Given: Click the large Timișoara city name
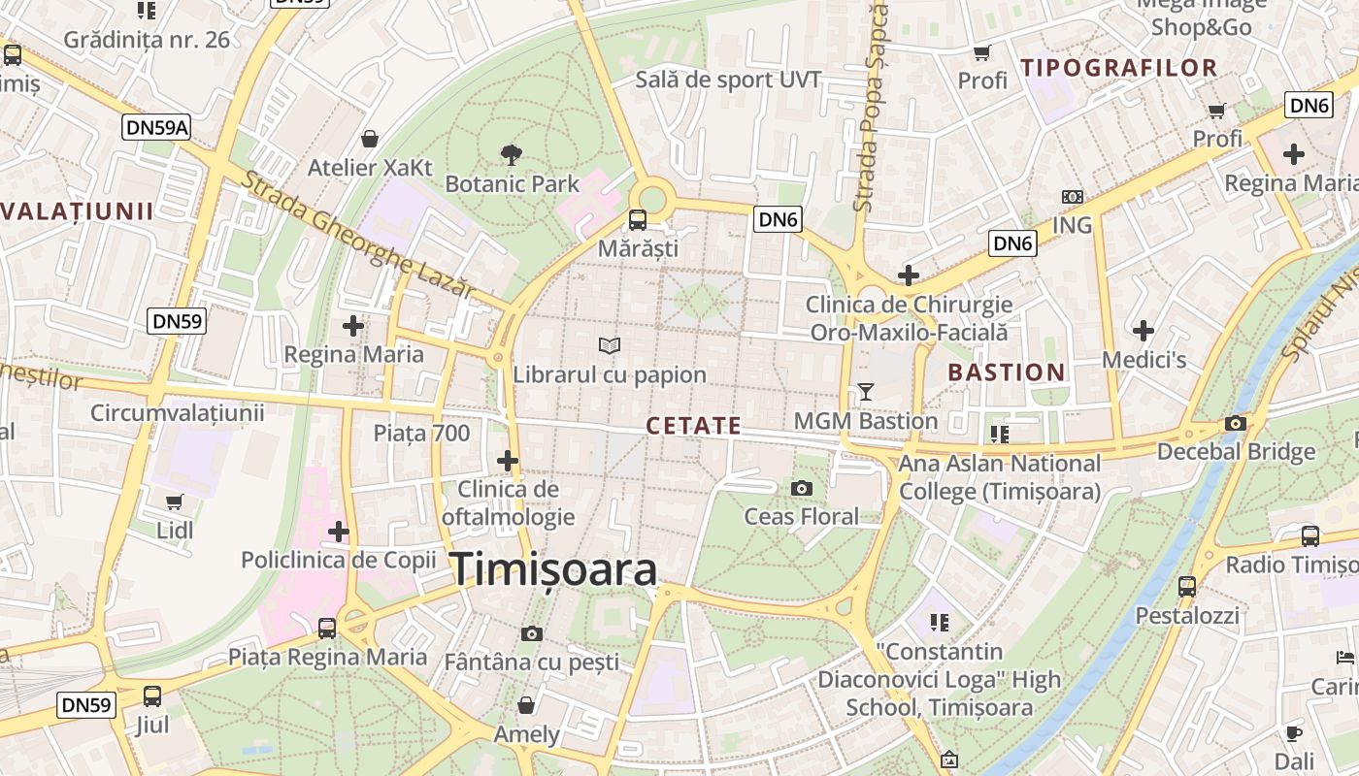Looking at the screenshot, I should click(x=554, y=569).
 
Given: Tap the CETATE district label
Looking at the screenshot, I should click(x=693, y=426).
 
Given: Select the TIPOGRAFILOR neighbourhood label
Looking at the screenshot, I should click(x=1119, y=68).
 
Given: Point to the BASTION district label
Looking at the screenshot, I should click(x=1006, y=372).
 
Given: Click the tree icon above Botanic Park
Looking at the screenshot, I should click(x=511, y=154).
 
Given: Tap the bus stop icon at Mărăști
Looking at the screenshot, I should click(x=638, y=220).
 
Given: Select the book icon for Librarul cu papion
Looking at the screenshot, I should click(x=610, y=345).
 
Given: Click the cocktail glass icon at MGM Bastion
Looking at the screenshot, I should click(x=866, y=392).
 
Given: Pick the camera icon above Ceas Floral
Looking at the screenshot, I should click(x=802, y=488).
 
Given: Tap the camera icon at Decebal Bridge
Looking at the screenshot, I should click(x=1236, y=423).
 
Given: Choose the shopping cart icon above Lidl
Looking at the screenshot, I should click(x=175, y=501).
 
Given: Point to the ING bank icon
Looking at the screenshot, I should click(x=1072, y=197).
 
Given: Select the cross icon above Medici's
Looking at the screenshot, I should click(x=1144, y=331).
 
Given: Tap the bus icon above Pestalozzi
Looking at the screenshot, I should click(x=1187, y=586).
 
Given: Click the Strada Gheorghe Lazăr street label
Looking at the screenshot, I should click(x=358, y=236).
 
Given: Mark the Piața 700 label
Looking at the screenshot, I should click(x=421, y=434).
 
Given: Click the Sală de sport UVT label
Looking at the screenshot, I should click(x=728, y=80).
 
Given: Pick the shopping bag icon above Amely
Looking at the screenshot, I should click(x=526, y=704).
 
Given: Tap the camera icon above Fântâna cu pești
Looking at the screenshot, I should click(x=531, y=633).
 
